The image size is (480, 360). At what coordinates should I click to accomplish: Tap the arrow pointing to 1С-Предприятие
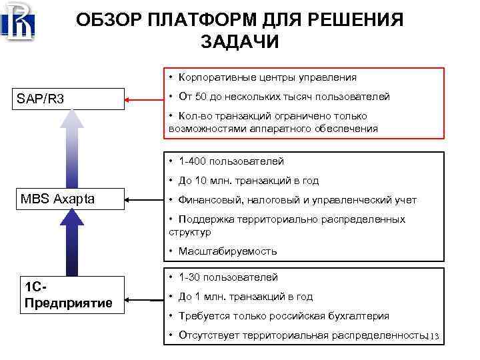pos(144,298)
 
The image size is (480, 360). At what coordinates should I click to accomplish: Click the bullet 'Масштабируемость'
pos(227,251)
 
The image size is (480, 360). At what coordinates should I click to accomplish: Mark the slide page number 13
pos(434,337)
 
